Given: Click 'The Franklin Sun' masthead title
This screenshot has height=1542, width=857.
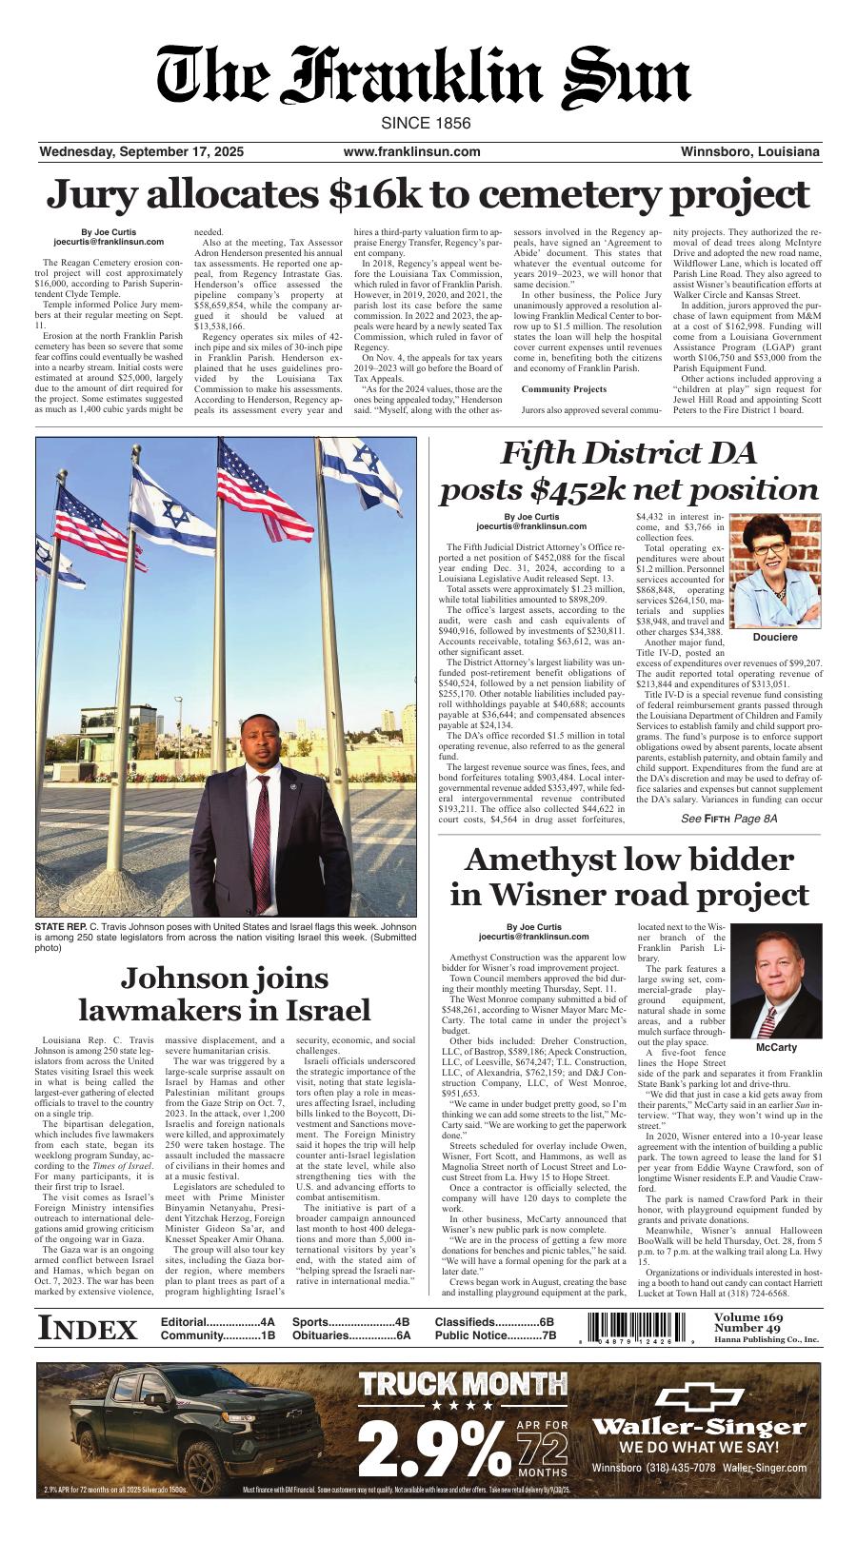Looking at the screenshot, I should tap(425, 76).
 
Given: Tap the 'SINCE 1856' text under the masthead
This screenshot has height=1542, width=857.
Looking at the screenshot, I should tap(426, 124).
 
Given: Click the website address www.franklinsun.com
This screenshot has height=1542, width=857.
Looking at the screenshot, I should tap(411, 151).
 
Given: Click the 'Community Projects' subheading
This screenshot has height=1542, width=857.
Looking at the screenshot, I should tap(564, 389).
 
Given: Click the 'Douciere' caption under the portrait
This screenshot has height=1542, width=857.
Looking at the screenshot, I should tap(774, 637).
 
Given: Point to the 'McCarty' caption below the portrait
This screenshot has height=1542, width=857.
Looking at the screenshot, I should tap(775, 1047).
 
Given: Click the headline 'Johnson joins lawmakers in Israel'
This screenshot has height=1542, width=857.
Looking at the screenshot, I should tap(224, 993).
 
